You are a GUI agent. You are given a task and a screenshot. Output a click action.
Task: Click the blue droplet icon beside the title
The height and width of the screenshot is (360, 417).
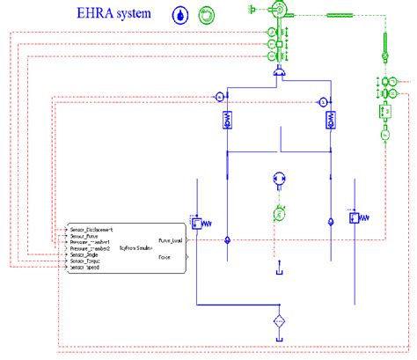pyautogui.click(x=180, y=15)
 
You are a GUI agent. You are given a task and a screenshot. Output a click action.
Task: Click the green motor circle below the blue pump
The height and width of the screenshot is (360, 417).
pyautogui.click(x=278, y=212)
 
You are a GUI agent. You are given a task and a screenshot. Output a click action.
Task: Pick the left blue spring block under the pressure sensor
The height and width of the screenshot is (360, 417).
pyautogui.click(x=228, y=122)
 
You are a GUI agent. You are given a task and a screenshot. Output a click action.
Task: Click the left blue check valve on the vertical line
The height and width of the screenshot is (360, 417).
pyautogui.click(x=228, y=239)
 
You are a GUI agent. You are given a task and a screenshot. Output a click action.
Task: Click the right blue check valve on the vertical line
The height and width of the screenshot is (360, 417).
pyautogui.click(x=331, y=221)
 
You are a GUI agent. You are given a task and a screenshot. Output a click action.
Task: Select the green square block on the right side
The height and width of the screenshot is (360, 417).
pyautogui.click(x=384, y=113)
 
